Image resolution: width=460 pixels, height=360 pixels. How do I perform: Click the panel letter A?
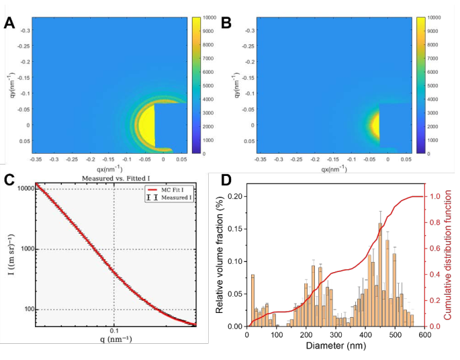(9, 24)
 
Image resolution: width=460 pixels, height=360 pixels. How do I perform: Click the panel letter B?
(226, 24)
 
